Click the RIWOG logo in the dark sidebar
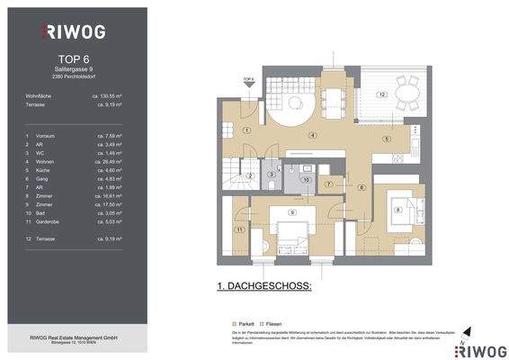tap(74, 31)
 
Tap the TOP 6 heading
tap(73, 64)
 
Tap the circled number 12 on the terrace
tap(381, 94)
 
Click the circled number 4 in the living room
tap(312, 135)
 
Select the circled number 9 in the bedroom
tap(292, 212)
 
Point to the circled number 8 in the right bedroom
tap(397, 210)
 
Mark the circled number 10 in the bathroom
tap(306, 180)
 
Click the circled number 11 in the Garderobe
tap(239, 230)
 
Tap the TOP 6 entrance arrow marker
tap(249, 83)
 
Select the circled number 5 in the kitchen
tap(385, 139)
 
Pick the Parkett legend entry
tap(243, 321)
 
